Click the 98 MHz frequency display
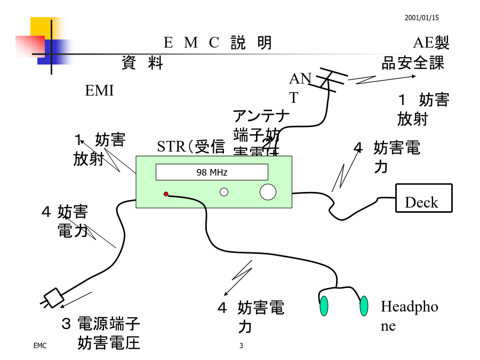[x=212, y=172]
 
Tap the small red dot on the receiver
[x=166, y=194]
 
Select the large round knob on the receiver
[x=268, y=191]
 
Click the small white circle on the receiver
[x=224, y=192]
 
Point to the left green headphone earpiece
[x=324, y=306]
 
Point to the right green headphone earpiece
[x=364, y=306]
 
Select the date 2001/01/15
[x=421, y=18]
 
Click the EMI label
[x=100, y=91]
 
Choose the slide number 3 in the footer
[x=241, y=346]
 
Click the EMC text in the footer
[x=40, y=346]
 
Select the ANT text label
[x=299, y=88]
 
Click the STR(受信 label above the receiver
[x=191, y=147]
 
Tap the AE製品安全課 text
[x=414, y=53]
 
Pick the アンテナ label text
[x=261, y=115]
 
